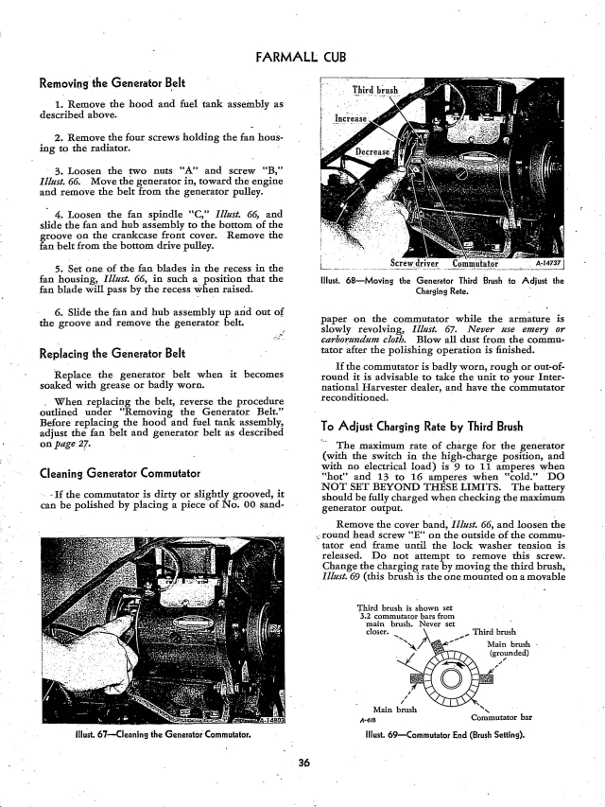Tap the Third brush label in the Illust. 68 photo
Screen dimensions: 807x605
(x=375, y=91)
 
